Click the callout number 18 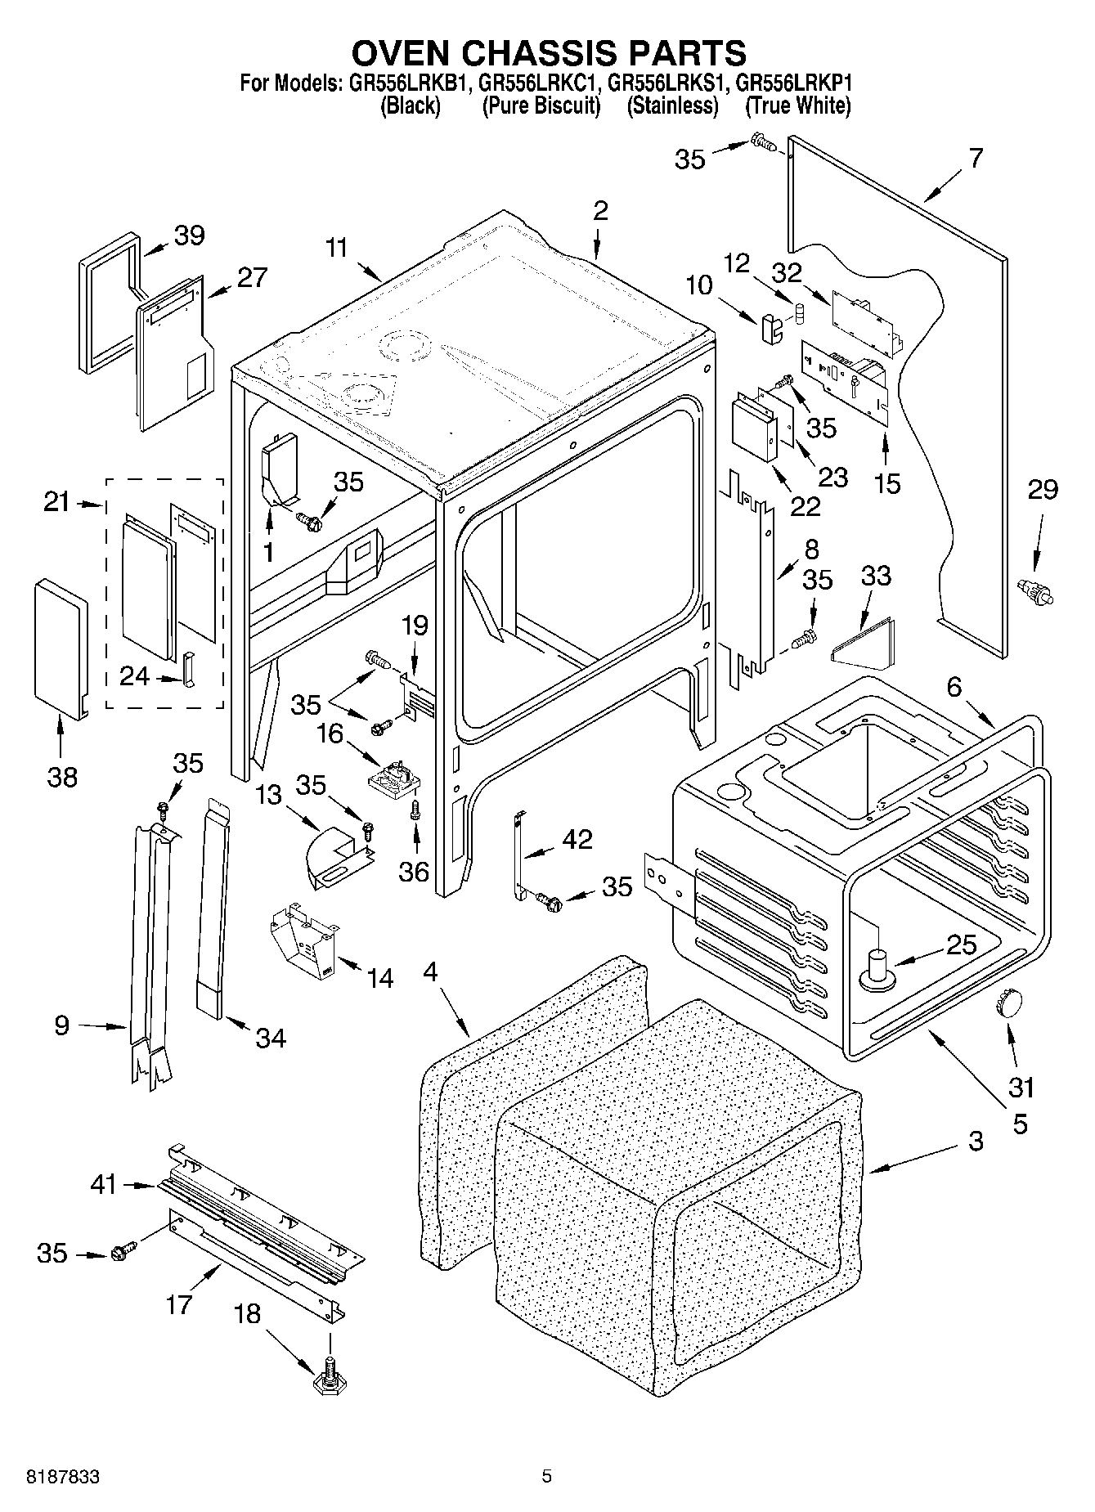[247, 1314]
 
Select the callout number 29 [1043, 490]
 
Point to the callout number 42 [577, 840]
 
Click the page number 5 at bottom [546, 1477]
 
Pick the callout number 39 [189, 236]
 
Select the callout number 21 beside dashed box [57, 502]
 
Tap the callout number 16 [330, 734]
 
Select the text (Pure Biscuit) [541, 105]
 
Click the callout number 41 [104, 1183]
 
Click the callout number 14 [380, 978]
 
